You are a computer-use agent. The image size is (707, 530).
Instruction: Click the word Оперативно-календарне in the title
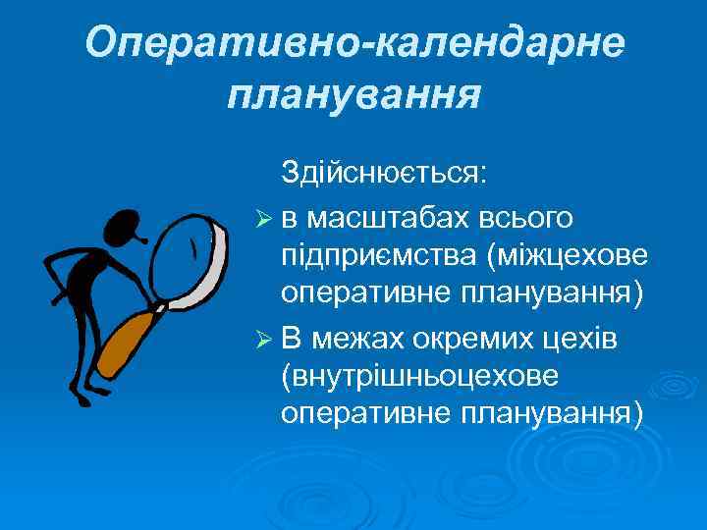353,44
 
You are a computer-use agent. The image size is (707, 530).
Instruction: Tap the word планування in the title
353,95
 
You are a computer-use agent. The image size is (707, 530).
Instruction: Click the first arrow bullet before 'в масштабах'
261,215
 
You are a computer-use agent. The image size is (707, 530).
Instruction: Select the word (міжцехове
567,253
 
